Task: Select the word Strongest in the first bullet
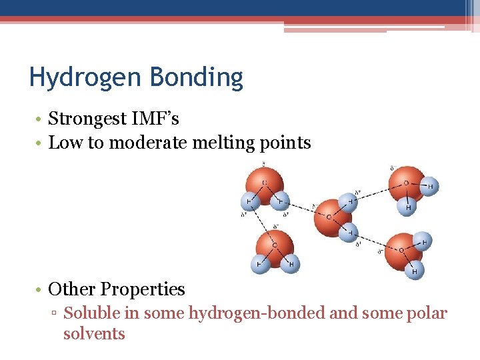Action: pyautogui.click(x=87, y=119)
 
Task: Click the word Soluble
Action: pyautogui.click(x=91, y=313)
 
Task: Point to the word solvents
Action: pyautogui.click(x=94, y=333)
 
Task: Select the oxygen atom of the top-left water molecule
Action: pyautogui.click(x=265, y=182)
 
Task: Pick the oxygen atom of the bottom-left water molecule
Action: pyautogui.click(x=275, y=245)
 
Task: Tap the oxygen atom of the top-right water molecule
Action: pyautogui.click(x=406, y=183)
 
